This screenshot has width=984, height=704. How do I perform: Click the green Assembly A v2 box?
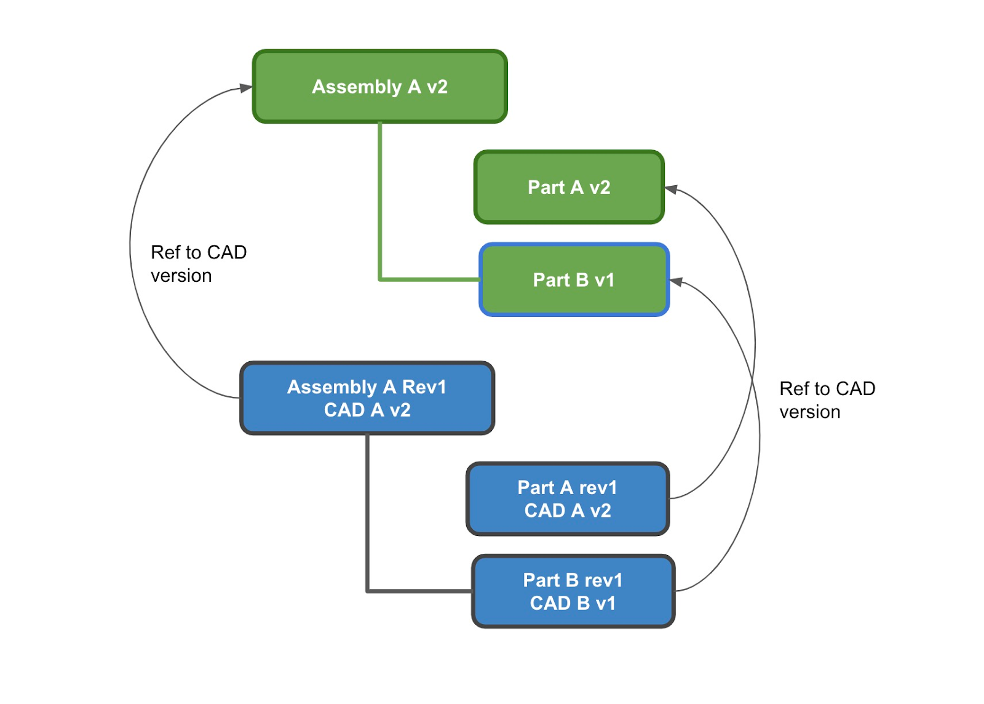(379, 87)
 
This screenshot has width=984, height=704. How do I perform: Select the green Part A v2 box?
(569, 187)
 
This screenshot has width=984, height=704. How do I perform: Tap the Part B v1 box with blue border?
(574, 280)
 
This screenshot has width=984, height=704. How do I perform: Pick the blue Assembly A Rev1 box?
(367, 398)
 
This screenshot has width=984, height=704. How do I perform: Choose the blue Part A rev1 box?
(567, 499)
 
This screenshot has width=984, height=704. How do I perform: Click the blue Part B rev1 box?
(573, 591)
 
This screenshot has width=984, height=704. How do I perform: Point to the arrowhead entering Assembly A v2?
(246, 88)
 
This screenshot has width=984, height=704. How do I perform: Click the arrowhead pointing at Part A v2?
(672, 189)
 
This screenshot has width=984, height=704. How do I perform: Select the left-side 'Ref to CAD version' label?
(198, 264)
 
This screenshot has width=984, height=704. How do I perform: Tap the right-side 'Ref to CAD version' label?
(827, 400)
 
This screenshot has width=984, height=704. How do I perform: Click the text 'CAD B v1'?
(573, 603)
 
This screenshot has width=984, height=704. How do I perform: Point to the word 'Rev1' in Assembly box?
(424, 387)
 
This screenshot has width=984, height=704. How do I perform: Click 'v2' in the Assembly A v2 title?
(437, 87)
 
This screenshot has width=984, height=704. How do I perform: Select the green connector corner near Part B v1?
(380, 279)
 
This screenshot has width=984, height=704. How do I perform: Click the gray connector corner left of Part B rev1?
(368, 591)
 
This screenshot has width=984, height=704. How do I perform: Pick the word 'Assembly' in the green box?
(357, 87)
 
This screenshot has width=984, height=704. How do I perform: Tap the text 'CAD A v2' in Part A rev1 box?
(567, 511)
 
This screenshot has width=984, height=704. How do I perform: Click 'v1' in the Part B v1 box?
(604, 280)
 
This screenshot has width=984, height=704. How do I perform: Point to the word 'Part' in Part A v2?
(546, 187)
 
